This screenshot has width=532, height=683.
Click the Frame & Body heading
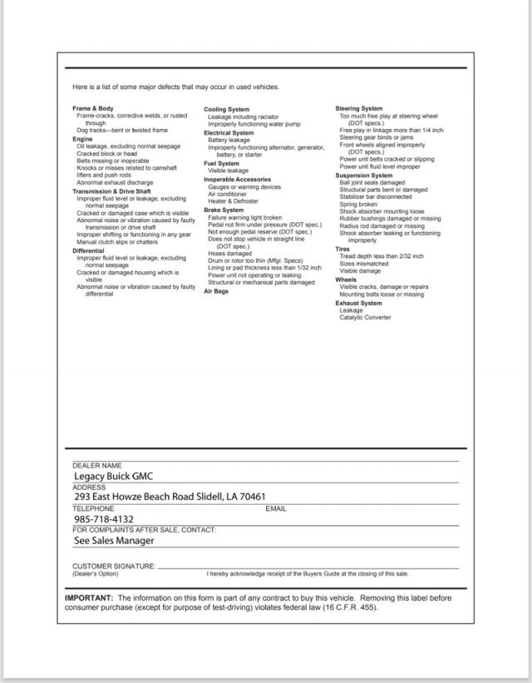coord(93,109)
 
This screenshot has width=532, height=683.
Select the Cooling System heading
coord(226,110)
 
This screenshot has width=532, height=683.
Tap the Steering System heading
coord(359,109)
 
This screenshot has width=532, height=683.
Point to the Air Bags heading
coord(216,291)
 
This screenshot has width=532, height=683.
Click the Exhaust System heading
coord(358,304)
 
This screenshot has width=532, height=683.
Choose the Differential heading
coord(88,250)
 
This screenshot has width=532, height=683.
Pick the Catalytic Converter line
coord(365,317)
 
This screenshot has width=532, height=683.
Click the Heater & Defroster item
coord(234,202)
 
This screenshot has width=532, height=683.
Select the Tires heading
coord(342,249)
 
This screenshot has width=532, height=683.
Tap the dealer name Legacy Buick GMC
coord(113,476)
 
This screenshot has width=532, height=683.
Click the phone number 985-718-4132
coord(104,518)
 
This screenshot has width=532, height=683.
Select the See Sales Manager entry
coord(114,539)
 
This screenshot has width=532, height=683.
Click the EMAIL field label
coord(276,507)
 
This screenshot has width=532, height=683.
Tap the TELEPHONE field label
coord(93,507)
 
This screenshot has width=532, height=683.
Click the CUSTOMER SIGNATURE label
coord(114,566)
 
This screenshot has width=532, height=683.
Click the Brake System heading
coord(224,210)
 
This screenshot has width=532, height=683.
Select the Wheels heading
coord(346,280)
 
